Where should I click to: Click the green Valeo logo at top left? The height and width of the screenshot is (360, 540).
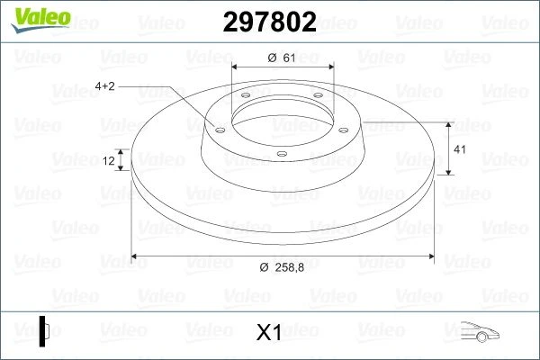click(40, 20)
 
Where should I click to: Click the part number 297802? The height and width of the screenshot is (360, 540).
click(269, 22)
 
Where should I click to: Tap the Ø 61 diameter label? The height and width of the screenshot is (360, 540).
click(282, 58)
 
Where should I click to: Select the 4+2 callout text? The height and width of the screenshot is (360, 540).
click(104, 85)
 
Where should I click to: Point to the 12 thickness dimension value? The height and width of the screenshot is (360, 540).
click(109, 160)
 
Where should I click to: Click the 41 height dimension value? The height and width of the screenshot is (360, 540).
click(460, 149)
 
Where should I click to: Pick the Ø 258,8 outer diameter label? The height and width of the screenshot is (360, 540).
click(282, 267)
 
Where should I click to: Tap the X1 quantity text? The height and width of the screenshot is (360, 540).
click(269, 332)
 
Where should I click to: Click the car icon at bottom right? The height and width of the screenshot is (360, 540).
click(480, 331)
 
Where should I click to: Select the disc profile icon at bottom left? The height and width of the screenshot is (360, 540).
click(44, 331)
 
